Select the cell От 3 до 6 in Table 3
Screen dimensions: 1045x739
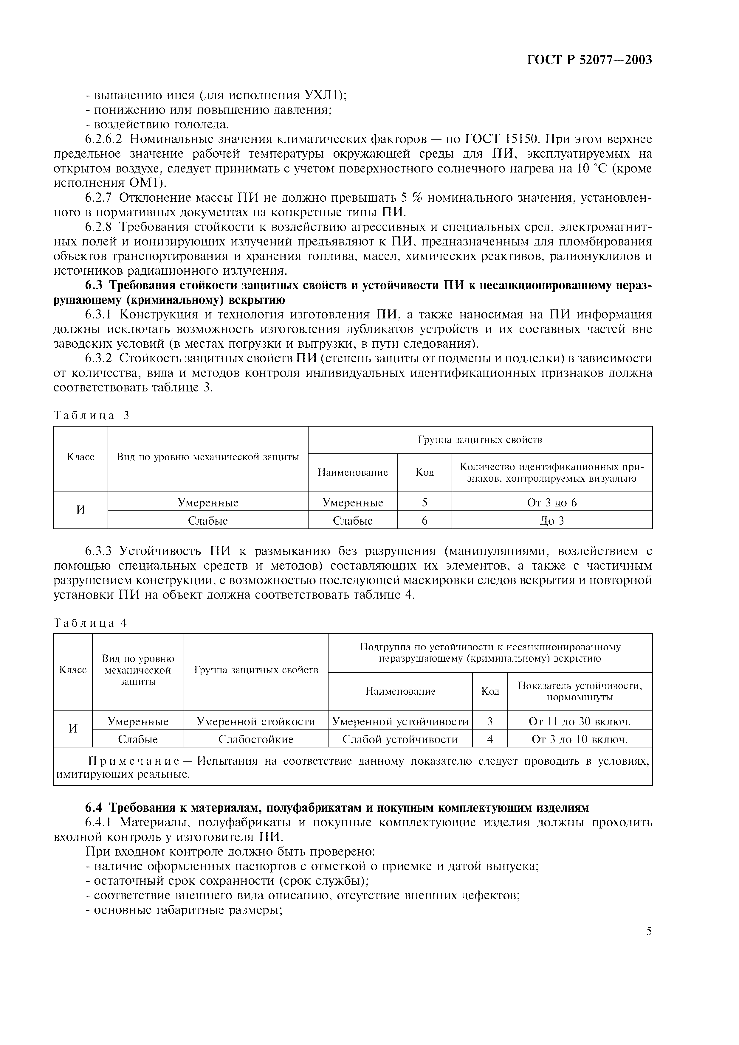[x=551, y=503]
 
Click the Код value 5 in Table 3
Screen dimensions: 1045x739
[x=425, y=503]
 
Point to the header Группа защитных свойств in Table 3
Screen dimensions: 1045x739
[x=480, y=440]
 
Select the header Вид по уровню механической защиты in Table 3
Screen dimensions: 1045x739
[x=208, y=457]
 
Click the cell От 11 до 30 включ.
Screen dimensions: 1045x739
[x=580, y=721]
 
